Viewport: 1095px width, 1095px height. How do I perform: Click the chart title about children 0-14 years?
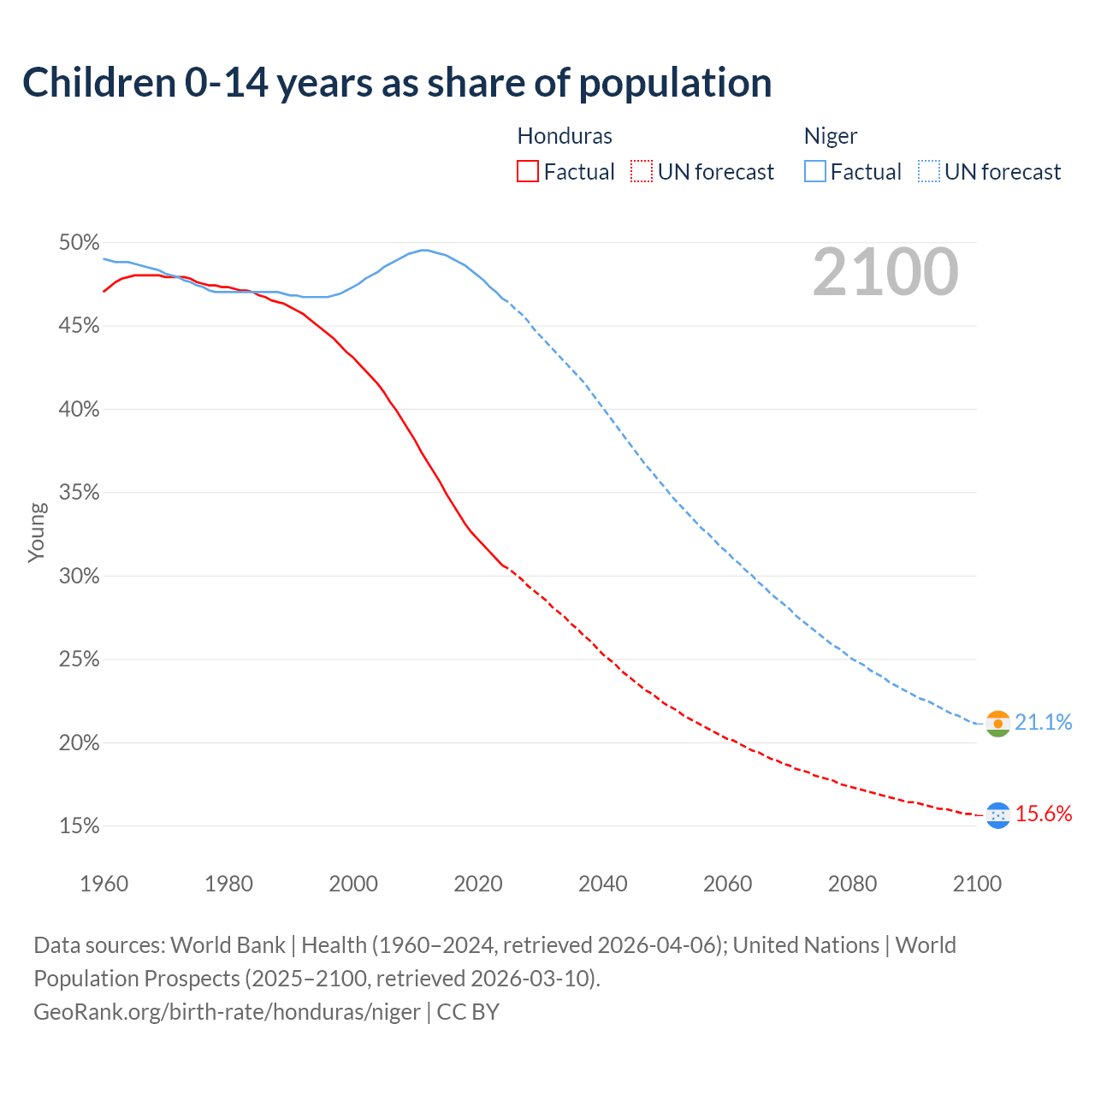pos(397,83)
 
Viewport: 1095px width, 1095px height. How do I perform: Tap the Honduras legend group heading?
pos(565,136)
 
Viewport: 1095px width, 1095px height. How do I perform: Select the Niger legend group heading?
pos(830,136)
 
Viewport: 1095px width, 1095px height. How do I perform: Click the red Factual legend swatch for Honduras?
pos(528,172)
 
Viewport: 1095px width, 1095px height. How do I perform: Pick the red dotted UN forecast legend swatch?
pos(641,172)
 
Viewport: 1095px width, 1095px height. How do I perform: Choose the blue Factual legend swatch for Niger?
pos(815,172)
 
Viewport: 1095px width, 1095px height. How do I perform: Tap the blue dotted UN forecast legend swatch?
pos(928,172)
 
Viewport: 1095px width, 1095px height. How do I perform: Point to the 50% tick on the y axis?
pos(79,243)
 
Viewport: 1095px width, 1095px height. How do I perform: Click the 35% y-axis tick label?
pos(79,493)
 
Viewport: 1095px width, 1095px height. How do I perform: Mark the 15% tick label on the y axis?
pos(79,826)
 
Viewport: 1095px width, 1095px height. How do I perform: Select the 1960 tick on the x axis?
pos(104,884)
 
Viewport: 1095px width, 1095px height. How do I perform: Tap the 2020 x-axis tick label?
pos(478,884)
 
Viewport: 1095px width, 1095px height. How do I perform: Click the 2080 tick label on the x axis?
pos(852,884)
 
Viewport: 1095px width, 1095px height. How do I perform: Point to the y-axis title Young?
pos(36,532)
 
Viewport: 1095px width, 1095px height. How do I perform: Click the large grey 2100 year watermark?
pos(885,272)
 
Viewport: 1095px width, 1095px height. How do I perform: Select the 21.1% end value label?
pos(1043,723)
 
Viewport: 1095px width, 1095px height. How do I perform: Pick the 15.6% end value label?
pos(1043,814)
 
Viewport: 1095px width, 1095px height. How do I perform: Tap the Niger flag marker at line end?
pos(997,724)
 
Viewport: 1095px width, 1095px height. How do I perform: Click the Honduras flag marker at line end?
pos(997,815)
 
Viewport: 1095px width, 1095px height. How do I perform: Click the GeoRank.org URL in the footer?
pos(227,1012)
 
